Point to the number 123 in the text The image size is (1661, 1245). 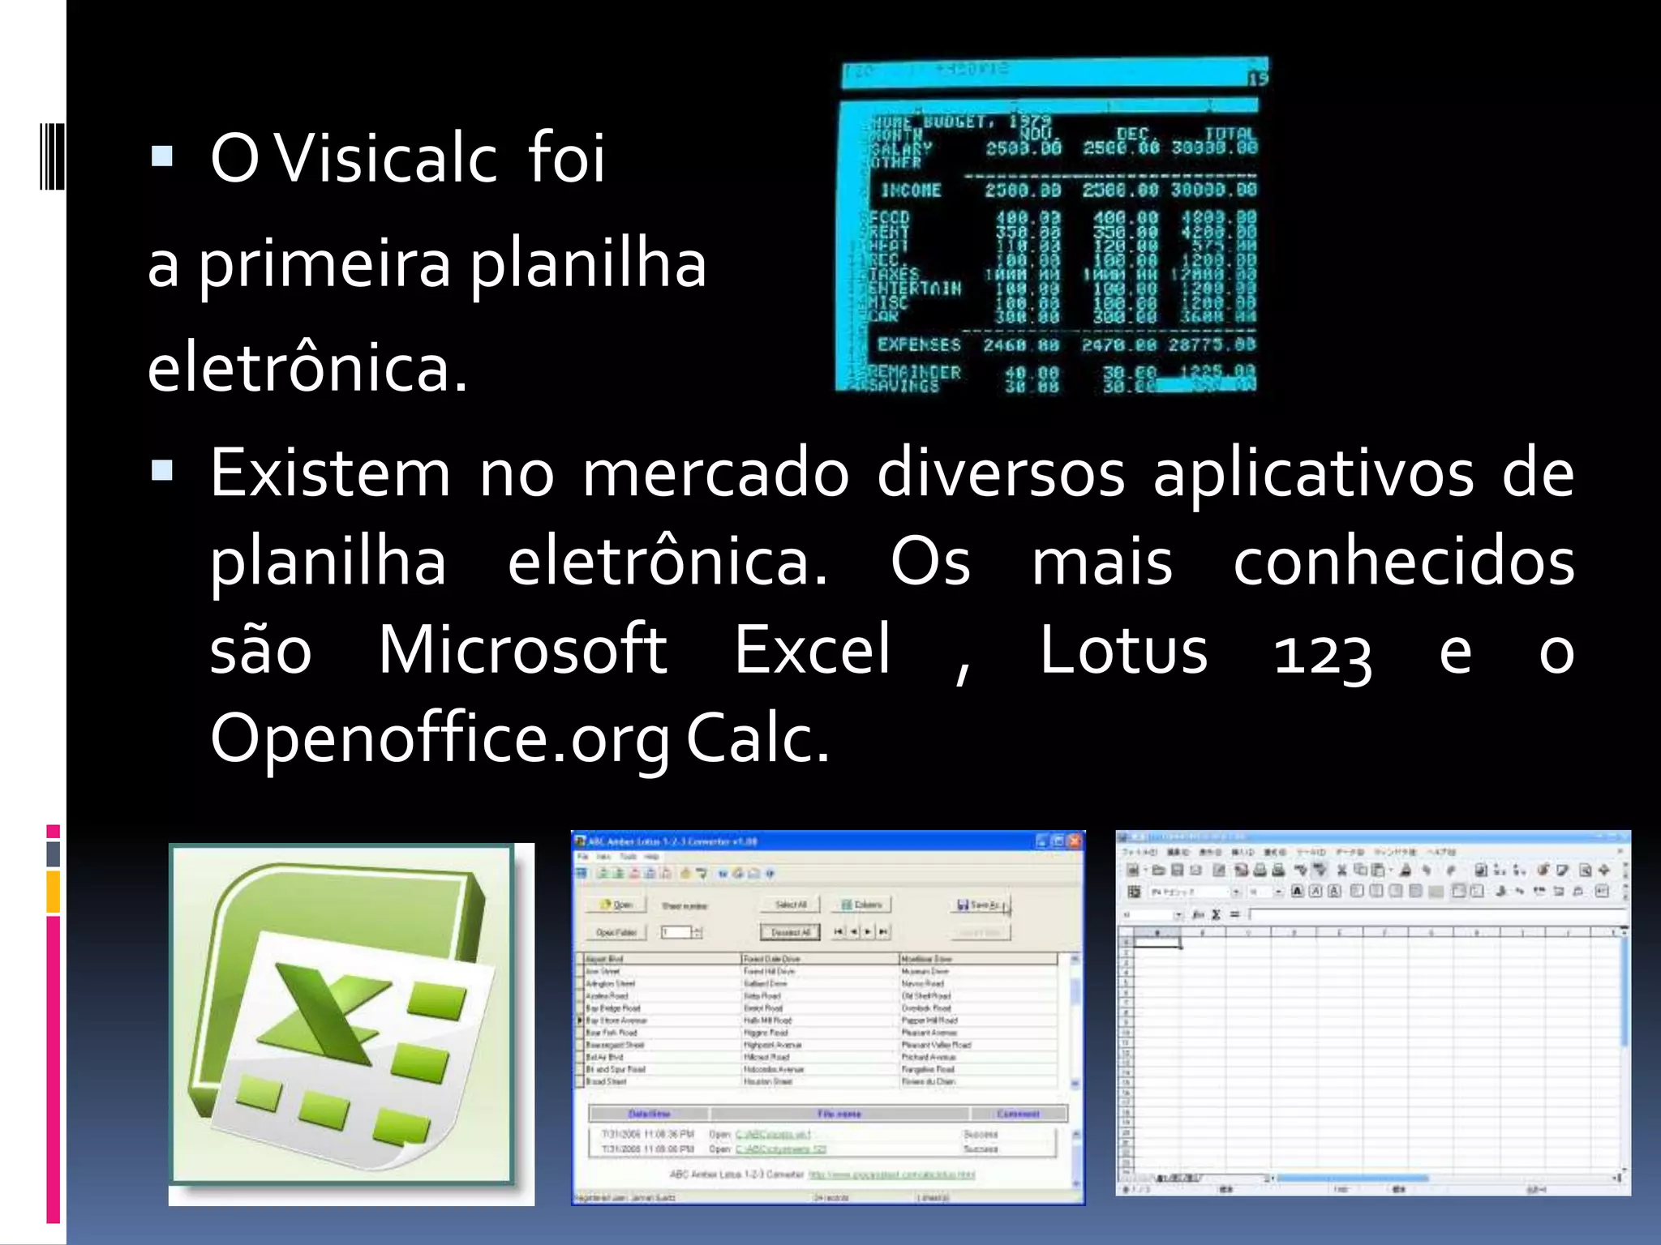[1322, 653]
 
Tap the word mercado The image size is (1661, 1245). [715, 473]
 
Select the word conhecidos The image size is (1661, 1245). [1404, 561]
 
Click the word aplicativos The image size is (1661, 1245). [1313, 475]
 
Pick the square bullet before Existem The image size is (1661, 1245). [162, 470]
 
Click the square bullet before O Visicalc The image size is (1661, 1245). [162, 156]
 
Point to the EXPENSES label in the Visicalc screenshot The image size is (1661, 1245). [919, 344]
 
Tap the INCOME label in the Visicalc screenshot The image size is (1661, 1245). [911, 190]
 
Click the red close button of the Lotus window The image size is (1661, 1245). [1075, 841]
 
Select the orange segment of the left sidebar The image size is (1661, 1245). [54, 892]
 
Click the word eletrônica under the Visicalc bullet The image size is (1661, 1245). [307, 369]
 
